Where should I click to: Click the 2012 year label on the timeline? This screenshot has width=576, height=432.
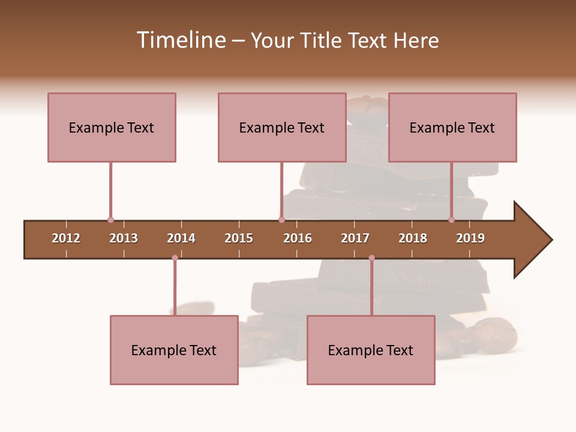[x=66, y=238]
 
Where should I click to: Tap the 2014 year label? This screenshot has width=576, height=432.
[x=181, y=238]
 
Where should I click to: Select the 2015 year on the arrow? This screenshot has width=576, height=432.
[x=239, y=238]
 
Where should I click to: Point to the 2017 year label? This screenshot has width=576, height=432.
[x=355, y=238]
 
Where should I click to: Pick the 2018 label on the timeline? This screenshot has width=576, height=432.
[x=413, y=238]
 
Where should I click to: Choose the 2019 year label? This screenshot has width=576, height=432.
[x=470, y=238]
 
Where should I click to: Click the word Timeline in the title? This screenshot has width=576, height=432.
[x=180, y=40]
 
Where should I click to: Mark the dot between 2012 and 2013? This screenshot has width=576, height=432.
[x=110, y=220]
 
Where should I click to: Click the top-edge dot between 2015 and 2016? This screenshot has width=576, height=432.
[x=281, y=220]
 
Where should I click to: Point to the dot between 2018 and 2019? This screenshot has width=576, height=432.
[x=451, y=220]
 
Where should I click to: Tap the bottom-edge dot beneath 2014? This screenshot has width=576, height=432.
[x=175, y=258]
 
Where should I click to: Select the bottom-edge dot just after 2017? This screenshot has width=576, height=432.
[x=371, y=258]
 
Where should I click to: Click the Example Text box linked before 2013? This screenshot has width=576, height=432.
[x=112, y=127]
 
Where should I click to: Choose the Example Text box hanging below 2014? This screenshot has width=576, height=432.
[x=174, y=350]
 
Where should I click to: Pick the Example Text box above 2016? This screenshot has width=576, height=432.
[x=282, y=127]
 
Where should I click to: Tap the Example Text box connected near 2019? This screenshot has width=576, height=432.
[x=452, y=127]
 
